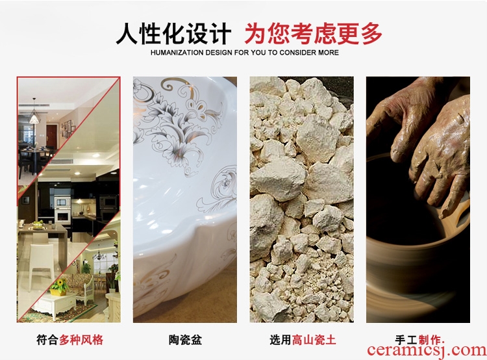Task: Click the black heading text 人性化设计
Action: (173, 34)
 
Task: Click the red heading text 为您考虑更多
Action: (313, 34)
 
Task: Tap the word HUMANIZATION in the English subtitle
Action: (177, 53)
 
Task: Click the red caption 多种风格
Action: (81, 340)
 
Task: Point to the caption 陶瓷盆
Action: (185, 340)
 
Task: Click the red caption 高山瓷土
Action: (314, 340)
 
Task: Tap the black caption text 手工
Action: (406, 340)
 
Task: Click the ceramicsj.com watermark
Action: (427, 350)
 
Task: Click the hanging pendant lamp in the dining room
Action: (34, 116)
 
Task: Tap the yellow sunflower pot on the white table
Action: (59, 287)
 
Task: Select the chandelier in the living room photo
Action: (99, 255)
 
